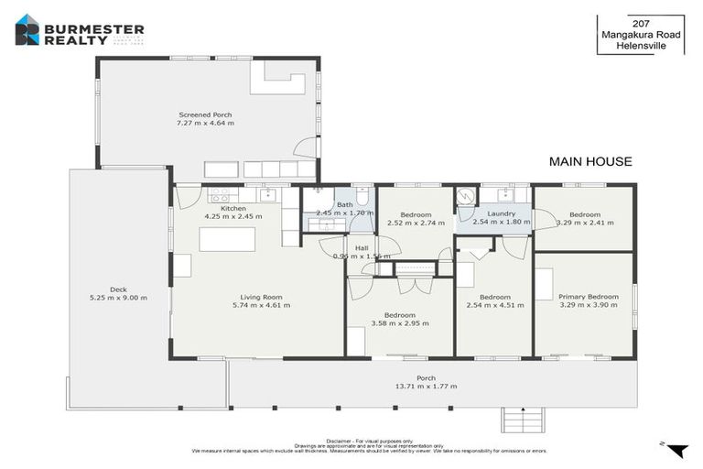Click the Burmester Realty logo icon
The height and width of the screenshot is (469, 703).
(27, 29)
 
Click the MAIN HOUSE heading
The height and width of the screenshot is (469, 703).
(589, 162)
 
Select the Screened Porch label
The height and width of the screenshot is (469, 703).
(205, 115)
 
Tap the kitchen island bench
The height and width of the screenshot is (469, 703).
(227, 239)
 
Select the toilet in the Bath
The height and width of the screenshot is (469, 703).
(362, 197)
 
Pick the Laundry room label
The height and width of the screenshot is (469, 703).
(502, 213)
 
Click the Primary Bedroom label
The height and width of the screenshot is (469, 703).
(588, 297)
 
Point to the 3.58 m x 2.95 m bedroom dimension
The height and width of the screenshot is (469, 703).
(400, 323)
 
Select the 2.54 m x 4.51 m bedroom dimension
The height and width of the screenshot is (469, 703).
(495, 306)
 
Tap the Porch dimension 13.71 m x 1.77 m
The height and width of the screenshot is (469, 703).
(426, 387)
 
